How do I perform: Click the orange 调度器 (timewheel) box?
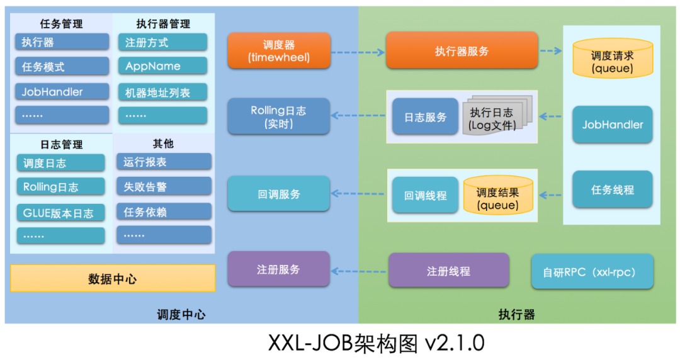(x=278, y=51)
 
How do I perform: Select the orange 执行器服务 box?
(x=462, y=51)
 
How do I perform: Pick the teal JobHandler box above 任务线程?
(x=612, y=125)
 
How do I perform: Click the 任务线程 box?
(x=612, y=189)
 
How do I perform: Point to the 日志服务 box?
(x=425, y=117)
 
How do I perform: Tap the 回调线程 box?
(x=425, y=195)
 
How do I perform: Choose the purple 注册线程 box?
(x=448, y=271)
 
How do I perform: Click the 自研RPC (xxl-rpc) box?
(x=592, y=272)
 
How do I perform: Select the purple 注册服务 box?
(x=278, y=269)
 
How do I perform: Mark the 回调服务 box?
(x=278, y=194)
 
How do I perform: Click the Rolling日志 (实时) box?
(x=278, y=116)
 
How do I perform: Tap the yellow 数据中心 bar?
(x=113, y=278)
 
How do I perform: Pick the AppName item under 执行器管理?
(x=162, y=66)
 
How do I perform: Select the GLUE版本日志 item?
(x=60, y=213)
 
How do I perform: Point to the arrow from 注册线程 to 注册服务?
(x=359, y=271)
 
